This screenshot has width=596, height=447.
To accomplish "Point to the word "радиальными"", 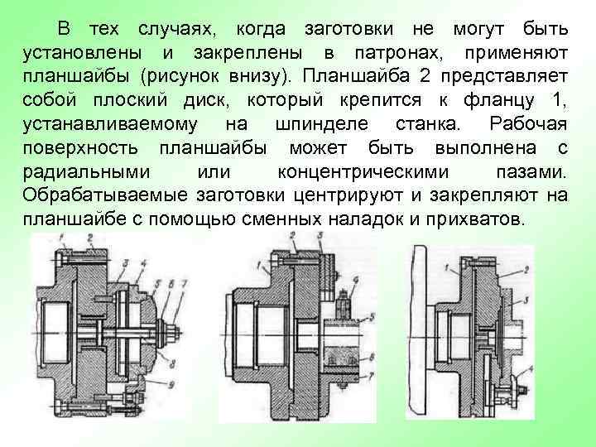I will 84,172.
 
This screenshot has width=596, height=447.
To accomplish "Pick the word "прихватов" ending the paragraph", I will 480,219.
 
